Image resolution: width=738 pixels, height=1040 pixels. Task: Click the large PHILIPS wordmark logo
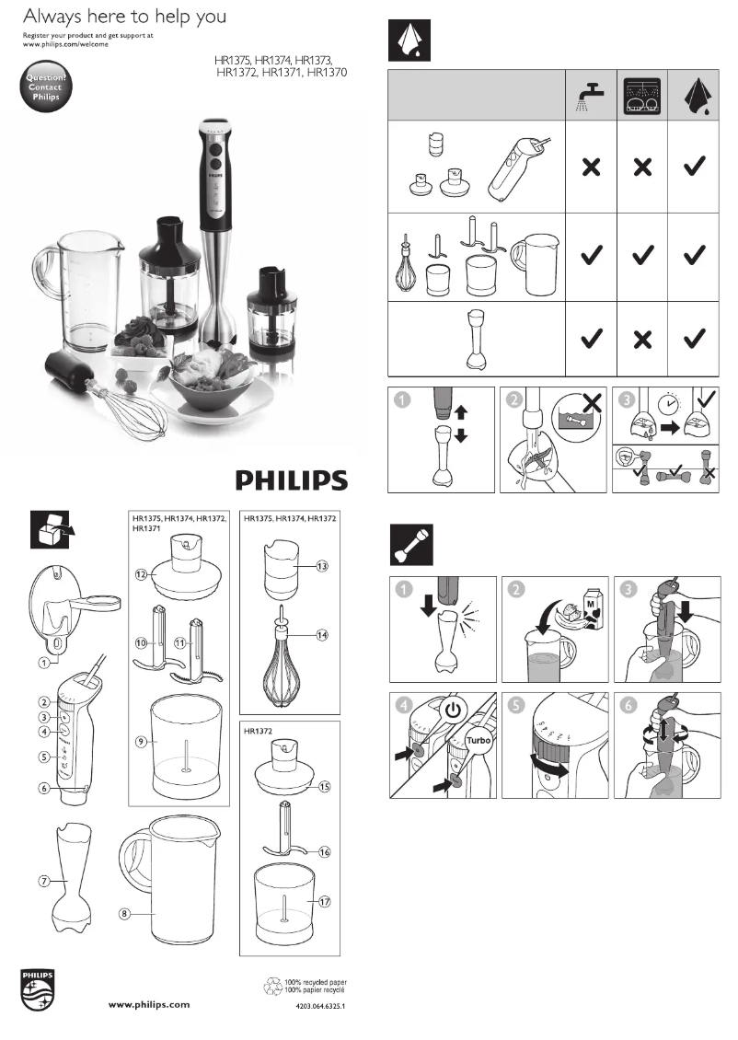[293, 480]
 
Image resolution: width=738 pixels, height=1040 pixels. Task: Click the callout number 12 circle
[142, 573]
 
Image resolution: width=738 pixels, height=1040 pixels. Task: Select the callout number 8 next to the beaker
[125, 913]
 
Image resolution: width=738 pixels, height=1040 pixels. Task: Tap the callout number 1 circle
[42, 660]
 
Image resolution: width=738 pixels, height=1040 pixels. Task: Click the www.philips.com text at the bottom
[144, 1004]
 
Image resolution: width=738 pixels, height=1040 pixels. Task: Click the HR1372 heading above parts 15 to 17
[260, 733]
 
